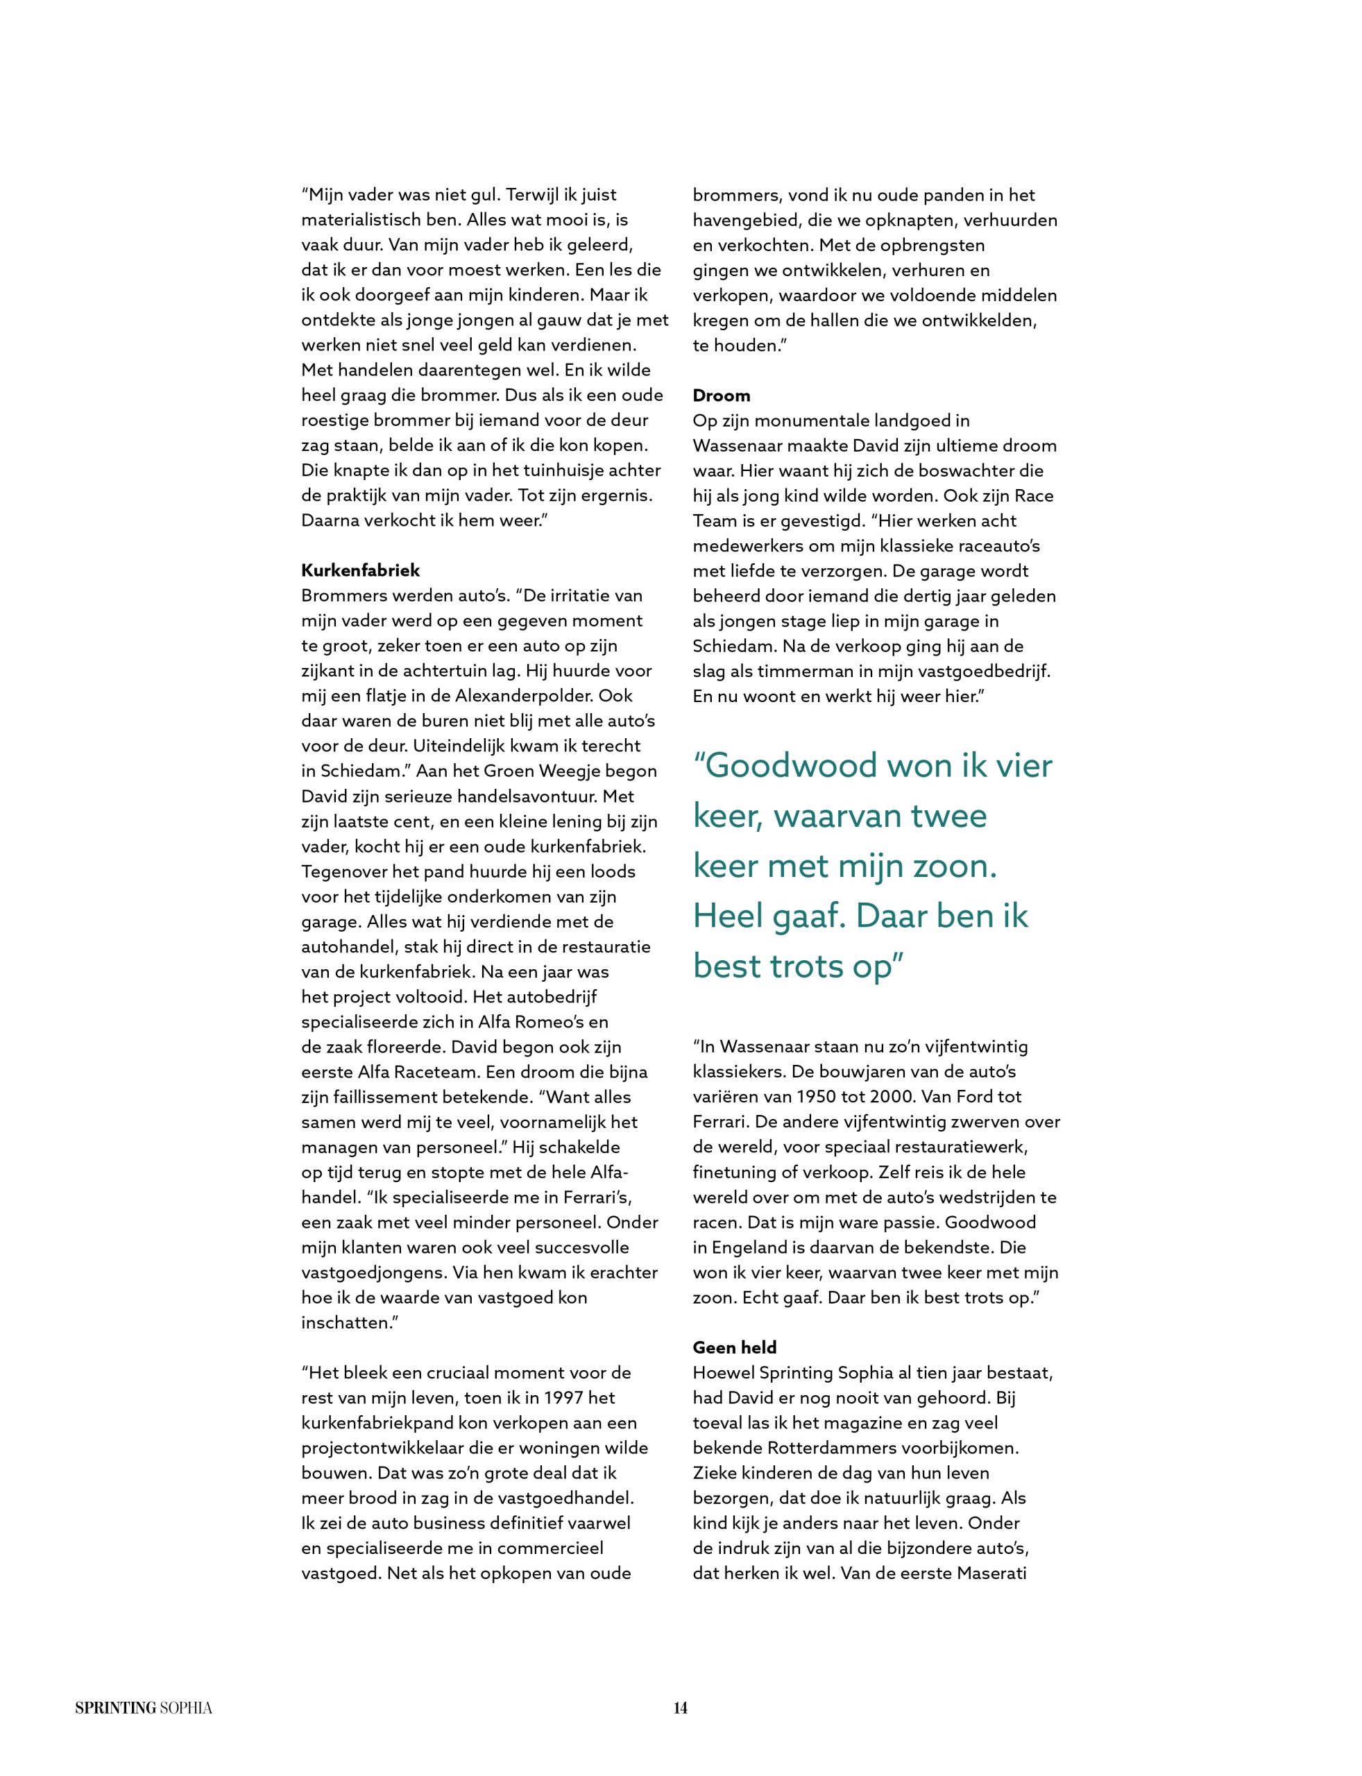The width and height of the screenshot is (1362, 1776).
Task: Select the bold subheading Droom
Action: pos(721,395)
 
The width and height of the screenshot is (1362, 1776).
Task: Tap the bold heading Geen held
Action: pos(735,1347)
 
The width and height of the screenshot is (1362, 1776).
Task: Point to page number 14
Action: pos(680,1708)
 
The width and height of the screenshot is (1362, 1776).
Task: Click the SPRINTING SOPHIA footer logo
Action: pos(144,1708)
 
